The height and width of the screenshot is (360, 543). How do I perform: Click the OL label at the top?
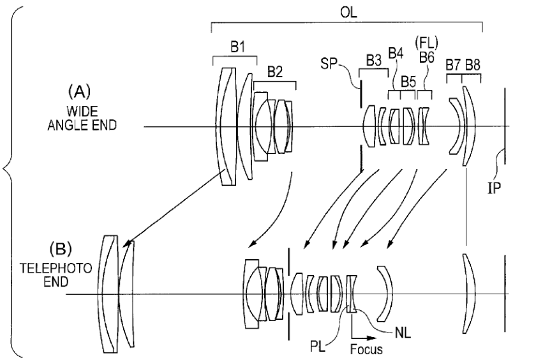(348, 13)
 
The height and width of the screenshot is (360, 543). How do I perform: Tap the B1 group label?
(237, 47)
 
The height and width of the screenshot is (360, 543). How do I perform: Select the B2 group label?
(275, 71)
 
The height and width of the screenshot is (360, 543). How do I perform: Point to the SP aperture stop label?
(329, 63)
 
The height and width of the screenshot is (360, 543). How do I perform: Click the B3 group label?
(374, 61)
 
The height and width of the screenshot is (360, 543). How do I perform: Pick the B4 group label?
(396, 54)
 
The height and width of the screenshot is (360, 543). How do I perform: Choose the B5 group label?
(408, 82)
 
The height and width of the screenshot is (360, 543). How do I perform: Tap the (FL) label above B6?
(426, 43)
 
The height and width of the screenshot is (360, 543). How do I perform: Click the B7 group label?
(454, 65)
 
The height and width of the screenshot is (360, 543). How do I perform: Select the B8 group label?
(473, 65)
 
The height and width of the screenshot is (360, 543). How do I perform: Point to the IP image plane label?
(494, 188)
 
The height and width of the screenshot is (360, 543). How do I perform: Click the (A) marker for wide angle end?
(79, 92)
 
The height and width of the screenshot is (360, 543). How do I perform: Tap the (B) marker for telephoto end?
(61, 249)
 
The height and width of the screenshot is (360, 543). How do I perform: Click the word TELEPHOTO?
(56, 269)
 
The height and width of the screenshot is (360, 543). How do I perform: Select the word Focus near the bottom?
(366, 349)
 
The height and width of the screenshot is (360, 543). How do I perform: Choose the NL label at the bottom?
(403, 333)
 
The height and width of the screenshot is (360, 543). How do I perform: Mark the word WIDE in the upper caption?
(82, 112)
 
